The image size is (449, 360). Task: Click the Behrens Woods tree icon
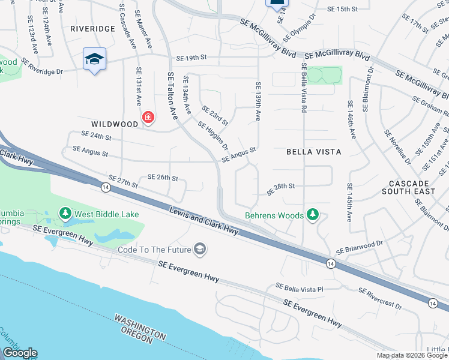pyautogui.click(x=312, y=214)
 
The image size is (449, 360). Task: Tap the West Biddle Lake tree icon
pyautogui.click(x=65, y=214)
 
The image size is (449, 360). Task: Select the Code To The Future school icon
pyautogui.click(x=200, y=249)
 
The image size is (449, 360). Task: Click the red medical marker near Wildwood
pyautogui.click(x=148, y=118)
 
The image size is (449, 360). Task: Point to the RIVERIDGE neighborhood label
pyautogui.click(x=92, y=28)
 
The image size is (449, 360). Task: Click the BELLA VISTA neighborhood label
pyautogui.click(x=313, y=152)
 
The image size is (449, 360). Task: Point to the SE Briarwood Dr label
pyautogui.click(x=360, y=247)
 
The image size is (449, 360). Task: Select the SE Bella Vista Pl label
pyautogui.click(x=300, y=288)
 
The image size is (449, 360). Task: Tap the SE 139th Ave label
pyautogui.click(x=259, y=101)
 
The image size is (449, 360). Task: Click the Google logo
pyautogui.click(x=19, y=353)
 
